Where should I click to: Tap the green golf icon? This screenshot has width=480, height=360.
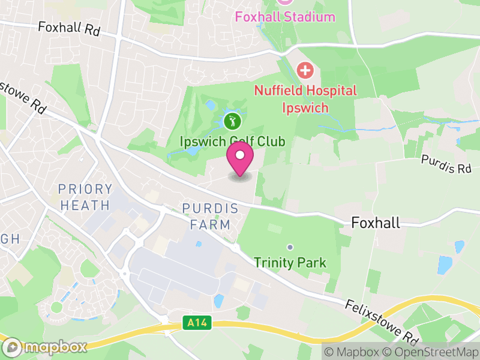[x=233, y=122]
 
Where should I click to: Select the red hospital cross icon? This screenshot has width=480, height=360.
[x=305, y=70]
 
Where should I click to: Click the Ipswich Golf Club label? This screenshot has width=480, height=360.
[x=233, y=142]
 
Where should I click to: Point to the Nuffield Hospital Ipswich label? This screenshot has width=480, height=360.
[x=305, y=99]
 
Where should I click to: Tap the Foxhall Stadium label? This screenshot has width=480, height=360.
[x=285, y=16]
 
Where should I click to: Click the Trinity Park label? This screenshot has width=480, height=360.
[x=290, y=263]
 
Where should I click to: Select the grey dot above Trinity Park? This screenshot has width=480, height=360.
[x=290, y=247]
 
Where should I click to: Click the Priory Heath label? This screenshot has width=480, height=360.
[x=85, y=197]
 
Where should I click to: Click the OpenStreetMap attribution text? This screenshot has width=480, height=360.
[x=430, y=352]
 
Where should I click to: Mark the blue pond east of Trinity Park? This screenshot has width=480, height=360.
[x=445, y=265]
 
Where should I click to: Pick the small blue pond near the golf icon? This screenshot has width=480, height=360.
[x=210, y=106]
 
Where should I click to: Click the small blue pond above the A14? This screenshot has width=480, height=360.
[x=218, y=300]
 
